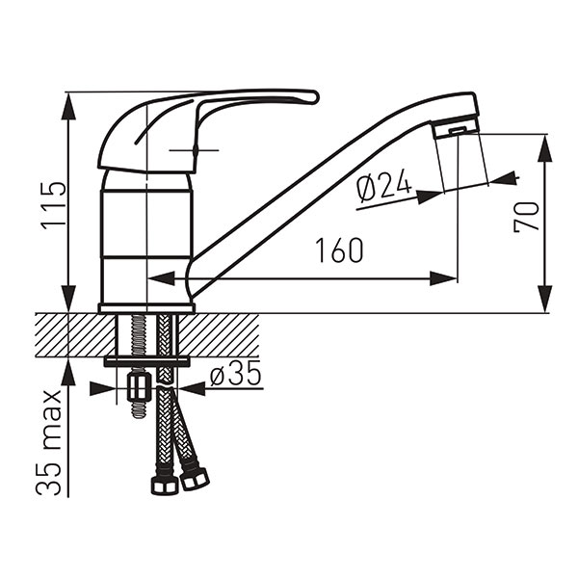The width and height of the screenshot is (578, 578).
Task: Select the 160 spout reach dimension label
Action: point(339,250)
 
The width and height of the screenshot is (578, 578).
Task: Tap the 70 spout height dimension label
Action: point(526,217)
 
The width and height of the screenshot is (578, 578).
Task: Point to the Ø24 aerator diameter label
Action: point(384,186)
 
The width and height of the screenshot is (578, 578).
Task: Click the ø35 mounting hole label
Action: point(236,373)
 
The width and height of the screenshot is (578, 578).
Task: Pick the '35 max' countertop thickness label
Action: point(49,442)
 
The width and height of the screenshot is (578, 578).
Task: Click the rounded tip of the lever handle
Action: point(313,97)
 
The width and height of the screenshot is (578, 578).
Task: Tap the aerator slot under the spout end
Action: point(458,130)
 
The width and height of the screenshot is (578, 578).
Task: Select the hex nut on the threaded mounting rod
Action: point(139,386)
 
